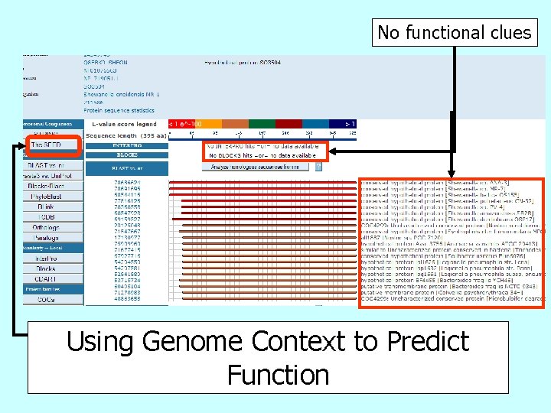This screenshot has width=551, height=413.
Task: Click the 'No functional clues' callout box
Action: [454, 32]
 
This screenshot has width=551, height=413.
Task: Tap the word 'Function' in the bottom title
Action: [278, 375]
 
